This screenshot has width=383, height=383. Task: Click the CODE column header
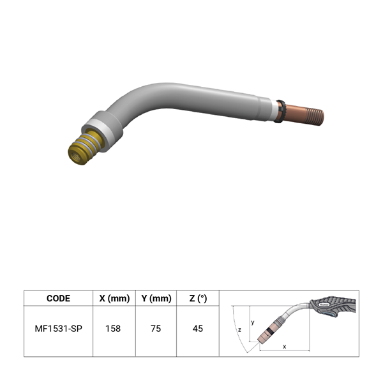(58, 298)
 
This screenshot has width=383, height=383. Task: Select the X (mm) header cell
(114, 298)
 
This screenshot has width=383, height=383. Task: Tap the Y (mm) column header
(156, 298)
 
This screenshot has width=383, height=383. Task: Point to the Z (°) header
(198, 298)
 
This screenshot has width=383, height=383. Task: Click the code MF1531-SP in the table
(58, 329)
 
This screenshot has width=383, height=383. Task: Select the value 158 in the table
(113, 329)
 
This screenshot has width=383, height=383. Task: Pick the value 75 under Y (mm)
(156, 329)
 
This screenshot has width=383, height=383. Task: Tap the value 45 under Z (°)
(198, 329)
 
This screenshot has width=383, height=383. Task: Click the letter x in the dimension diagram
(284, 347)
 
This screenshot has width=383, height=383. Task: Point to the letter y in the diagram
(253, 322)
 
